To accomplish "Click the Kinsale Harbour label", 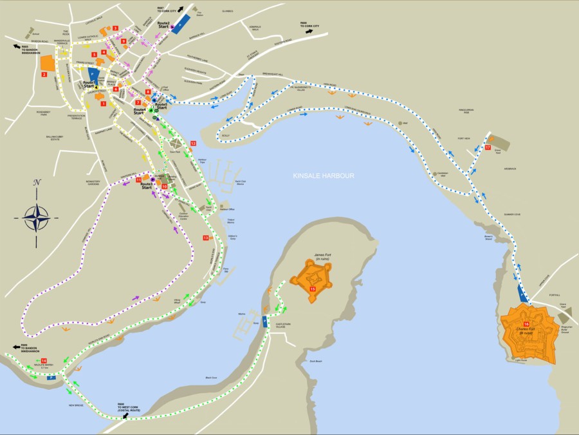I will click(323, 176).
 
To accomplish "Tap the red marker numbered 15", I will click(313, 290).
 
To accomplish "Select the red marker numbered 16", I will click(526, 324).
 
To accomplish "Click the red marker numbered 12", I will click(193, 143).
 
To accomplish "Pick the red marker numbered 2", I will click(44, 75).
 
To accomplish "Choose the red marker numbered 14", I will click(44, 361).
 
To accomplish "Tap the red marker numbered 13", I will click(206, 238).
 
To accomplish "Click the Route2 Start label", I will click(163, 25).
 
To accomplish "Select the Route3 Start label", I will click(147, 186).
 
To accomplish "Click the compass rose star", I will click(37, 217).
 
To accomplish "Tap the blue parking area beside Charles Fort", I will click(524, 295).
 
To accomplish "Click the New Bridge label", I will click(77, 405).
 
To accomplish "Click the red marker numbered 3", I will click(116, 28).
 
